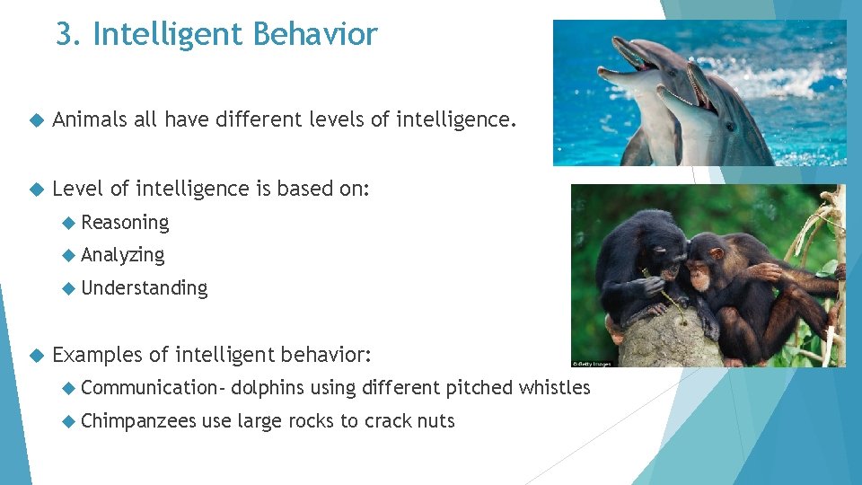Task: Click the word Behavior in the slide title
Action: pos(315,35)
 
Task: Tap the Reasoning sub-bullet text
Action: pos(125,223)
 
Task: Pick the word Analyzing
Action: pos(123,255)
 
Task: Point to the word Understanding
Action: pos(144,288)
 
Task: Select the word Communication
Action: pos(149,388)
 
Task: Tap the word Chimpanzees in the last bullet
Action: pos(138,420)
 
